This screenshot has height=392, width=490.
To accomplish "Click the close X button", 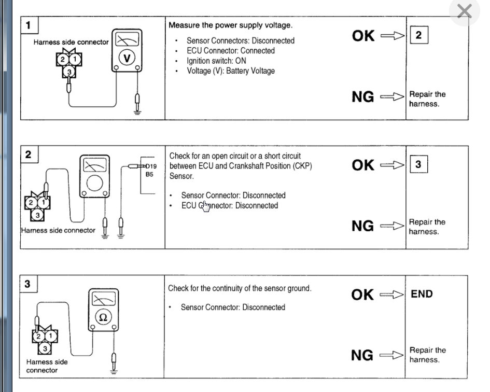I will pos(464,11).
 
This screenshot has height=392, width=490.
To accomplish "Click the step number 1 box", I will pos(28,25).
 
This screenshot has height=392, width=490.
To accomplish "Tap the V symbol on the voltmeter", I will pos(127,59).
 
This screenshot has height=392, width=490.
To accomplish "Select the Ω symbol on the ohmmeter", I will pos(103,317).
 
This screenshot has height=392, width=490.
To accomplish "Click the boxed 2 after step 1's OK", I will pos(418,35).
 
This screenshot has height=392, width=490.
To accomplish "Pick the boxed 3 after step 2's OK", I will pos(418,165).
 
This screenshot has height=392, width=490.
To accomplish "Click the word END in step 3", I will pos(422,294).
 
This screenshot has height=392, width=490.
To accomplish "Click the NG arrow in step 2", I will pos(391,226).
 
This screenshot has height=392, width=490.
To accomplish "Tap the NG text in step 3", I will pos(362,355).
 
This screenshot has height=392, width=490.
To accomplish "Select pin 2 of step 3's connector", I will pos(38,336).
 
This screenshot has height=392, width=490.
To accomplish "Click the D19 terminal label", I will pos(150,166).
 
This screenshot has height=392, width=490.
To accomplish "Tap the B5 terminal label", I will pos(149,175).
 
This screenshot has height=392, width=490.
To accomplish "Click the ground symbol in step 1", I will pos(137,110).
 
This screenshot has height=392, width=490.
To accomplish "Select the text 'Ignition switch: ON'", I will pos(216,61).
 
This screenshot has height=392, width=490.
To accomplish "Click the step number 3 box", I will pos(28,284).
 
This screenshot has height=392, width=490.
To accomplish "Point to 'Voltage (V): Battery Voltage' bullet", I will pos(231,71).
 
